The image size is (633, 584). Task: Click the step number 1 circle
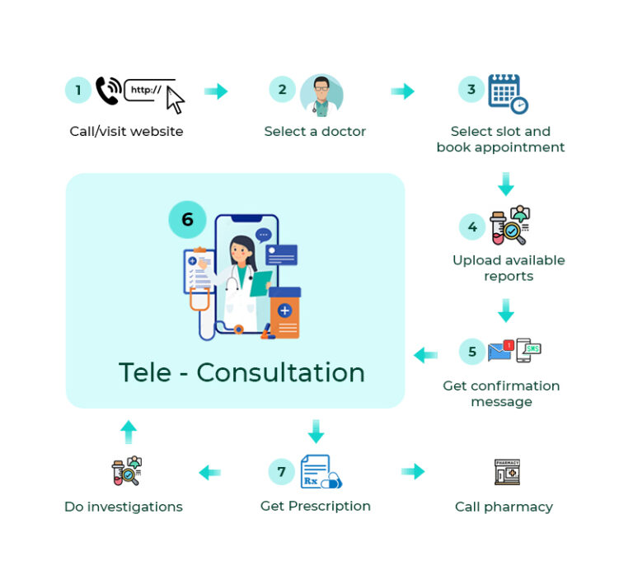click(x=78, y=90)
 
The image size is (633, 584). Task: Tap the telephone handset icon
click(x=108, y=91)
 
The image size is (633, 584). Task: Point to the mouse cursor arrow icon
click(x=175, y=100)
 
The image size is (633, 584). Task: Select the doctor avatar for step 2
click(x=321, y=95)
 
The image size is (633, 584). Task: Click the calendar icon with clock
click(x=506, y=94)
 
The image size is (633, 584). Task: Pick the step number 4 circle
click(x=472, y=227)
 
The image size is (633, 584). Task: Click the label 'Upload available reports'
click(x=509, y=268)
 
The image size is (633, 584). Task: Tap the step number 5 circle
click(x=472, y=352)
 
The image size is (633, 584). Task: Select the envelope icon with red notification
click(x=500, y=351)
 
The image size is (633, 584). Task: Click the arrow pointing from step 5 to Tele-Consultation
click(x=425, y=355)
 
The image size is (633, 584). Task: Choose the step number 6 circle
click(x=188, y=220)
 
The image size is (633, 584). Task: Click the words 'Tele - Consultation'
click(x=241, y=372)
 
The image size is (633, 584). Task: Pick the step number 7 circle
click(x=282, y=471)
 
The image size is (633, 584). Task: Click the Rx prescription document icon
click(x=318, y=471)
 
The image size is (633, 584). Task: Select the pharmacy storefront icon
click(x=507, y=472)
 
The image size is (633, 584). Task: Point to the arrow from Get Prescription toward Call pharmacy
click(x=413, y=471)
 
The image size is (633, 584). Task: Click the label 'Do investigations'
click(x=124, y=507)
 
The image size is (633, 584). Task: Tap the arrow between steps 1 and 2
click(x=216, y=91)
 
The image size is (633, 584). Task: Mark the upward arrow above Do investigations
click(x=128, y=431)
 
